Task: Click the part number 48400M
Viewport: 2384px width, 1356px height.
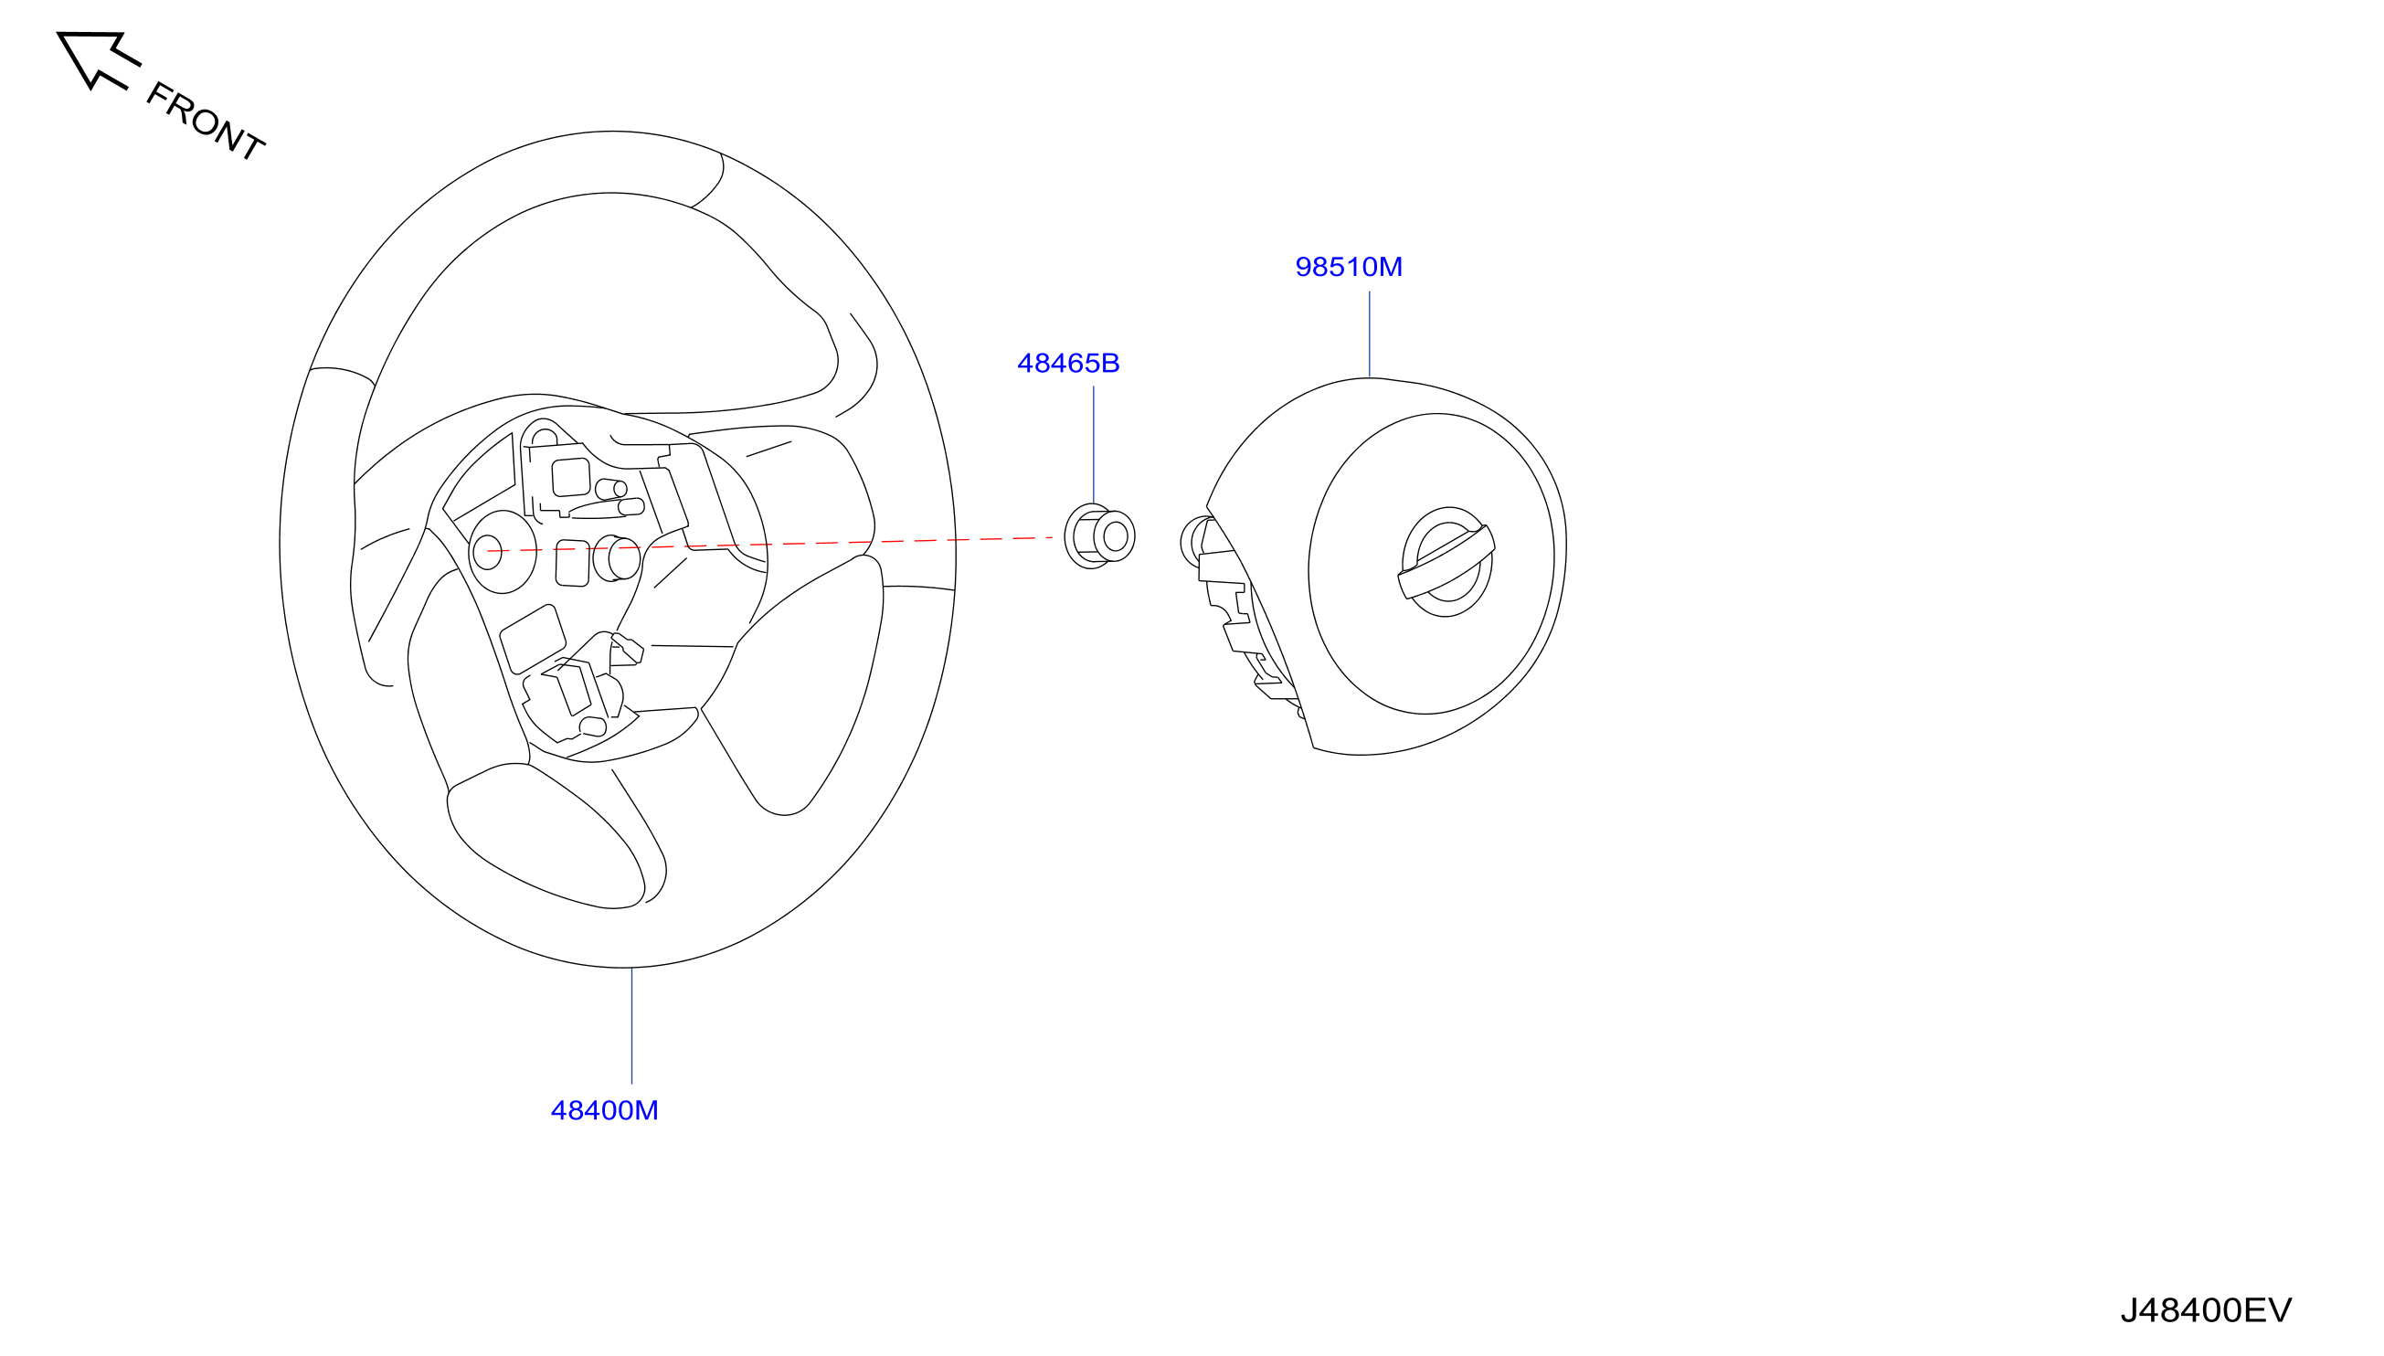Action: tap(604, 1110)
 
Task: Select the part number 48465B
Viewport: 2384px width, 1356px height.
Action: tap(1068, 364)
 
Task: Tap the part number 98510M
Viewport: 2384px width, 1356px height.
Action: tap(1349, 268)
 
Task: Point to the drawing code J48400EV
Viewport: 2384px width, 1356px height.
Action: tap(2206, 1310)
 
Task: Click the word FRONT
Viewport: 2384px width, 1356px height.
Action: tap(206, 121)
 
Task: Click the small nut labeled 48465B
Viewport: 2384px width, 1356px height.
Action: tap(1100, 536)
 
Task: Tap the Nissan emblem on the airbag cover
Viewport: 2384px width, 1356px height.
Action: tap(1446, 562)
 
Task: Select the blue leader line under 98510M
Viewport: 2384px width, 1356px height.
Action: tap(1369, 334)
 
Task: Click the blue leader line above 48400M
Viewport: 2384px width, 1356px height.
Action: tap(631, 1025)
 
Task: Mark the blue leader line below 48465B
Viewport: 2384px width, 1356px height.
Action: tap(1093, 445)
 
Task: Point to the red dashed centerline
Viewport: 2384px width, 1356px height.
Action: tap(770, 544)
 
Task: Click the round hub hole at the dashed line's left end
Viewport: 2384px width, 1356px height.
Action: tap(487, 552)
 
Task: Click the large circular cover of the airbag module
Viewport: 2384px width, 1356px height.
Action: tap(1431, 564)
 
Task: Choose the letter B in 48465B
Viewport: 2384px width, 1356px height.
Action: tap(1110, 364)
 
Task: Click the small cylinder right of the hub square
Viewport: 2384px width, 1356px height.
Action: tap(617, 558)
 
